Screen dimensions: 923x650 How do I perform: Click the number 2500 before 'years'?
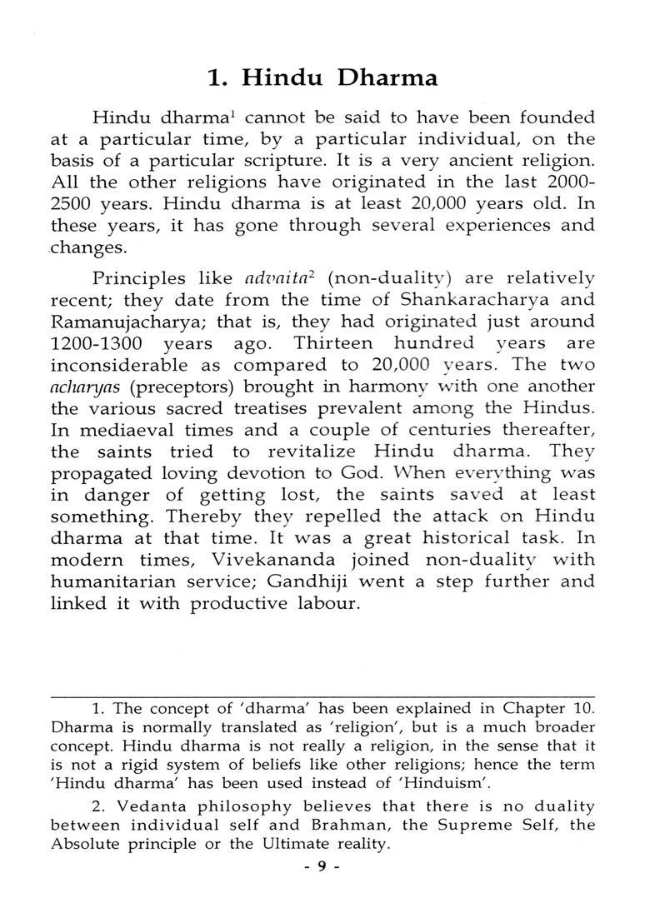(73, 203)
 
